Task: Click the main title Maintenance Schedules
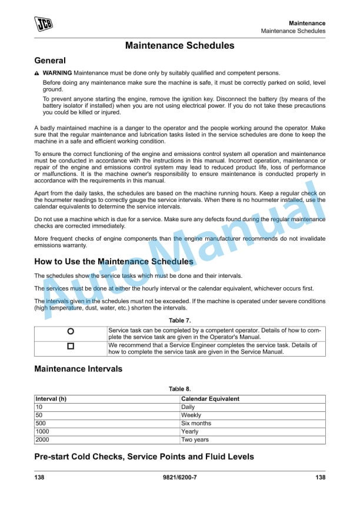[179, 45]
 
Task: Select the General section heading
[50, 60]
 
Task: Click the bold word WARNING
[57, 72]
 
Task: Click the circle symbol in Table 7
[71, 332]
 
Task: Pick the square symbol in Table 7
[71, 347]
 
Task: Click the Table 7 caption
[179, 320]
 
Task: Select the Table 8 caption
[179, 389]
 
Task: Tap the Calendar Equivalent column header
[210, 399]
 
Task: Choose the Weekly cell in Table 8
[191, 415]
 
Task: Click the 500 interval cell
[41, 424]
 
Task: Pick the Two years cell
[194, 440]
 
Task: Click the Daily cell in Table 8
[188, 407]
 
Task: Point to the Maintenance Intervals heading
[78, 369]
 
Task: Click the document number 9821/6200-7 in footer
[179, 477]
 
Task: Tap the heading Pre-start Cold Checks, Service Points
[144, 457]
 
